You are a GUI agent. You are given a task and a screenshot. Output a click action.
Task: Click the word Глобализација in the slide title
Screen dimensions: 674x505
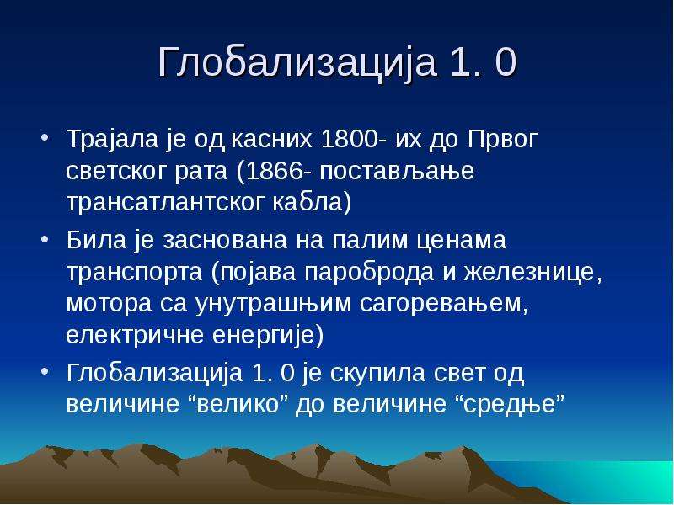tap(297, 62)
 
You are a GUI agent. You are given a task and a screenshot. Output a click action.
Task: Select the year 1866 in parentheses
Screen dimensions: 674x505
tap(275, 171)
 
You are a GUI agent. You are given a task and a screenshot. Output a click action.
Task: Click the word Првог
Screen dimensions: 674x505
tap(502, 140)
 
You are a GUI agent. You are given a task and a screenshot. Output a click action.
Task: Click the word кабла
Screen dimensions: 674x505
tap(308, 201)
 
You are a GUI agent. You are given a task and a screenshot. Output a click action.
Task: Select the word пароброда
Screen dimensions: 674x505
tap(369, 273)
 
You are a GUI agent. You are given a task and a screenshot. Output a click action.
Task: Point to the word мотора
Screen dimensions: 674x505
tap(110, 304)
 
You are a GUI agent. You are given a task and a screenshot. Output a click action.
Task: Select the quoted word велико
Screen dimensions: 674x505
tap(242, 404)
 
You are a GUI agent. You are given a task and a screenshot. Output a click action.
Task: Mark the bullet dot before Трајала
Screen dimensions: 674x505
tap(45, 139)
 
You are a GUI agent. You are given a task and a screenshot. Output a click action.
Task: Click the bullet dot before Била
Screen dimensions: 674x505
tap(45, 239)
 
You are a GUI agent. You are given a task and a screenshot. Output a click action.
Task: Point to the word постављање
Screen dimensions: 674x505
tap(397, 172)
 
